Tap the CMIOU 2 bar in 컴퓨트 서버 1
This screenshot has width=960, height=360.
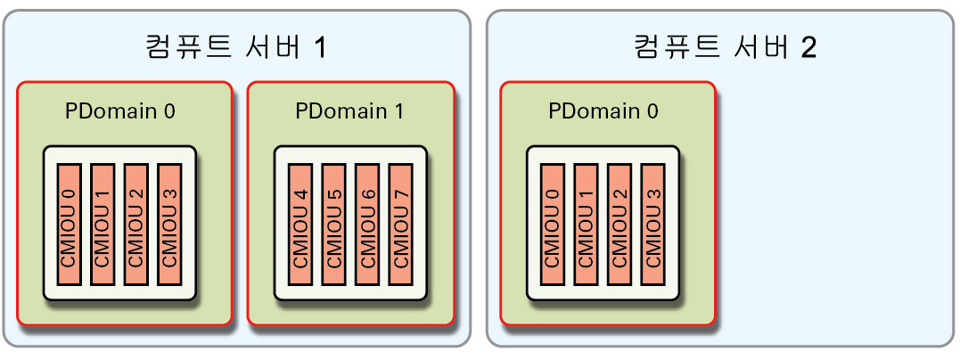135,225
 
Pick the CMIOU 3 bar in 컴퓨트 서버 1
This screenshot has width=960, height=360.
168,225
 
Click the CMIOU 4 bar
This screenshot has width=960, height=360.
299,225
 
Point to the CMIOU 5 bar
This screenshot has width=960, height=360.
332,225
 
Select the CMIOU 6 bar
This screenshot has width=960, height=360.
366,225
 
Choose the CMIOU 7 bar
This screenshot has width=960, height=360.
399,225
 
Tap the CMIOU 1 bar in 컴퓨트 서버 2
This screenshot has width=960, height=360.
586,225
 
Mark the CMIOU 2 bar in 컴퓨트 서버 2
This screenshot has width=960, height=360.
619,225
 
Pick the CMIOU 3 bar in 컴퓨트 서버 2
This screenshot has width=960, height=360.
652,225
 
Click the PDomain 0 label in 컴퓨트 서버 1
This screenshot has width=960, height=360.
120,112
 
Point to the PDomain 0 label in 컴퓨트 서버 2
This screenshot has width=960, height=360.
603,112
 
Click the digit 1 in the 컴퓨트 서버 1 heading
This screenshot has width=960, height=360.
318,47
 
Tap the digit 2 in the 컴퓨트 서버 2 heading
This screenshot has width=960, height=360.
808,47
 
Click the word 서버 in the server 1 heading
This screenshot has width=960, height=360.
271,46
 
